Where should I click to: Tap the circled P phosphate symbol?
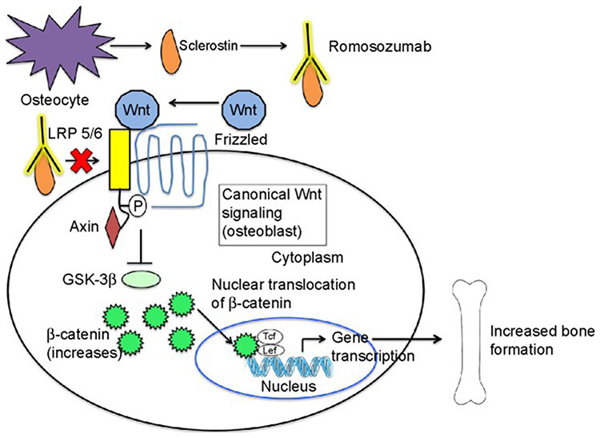pos(137,208)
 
